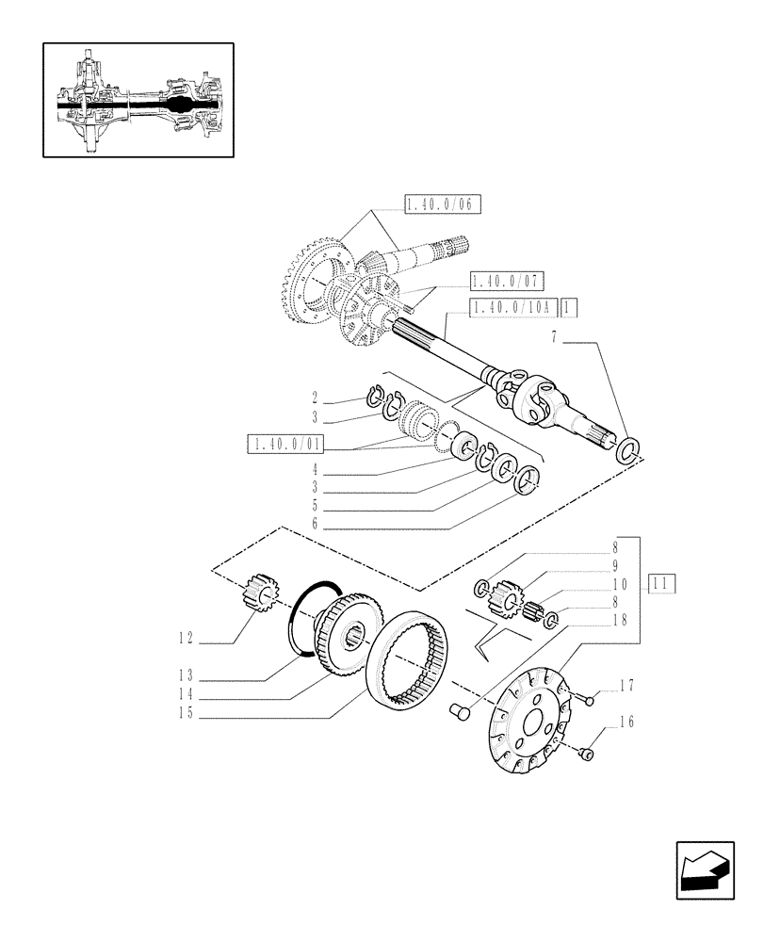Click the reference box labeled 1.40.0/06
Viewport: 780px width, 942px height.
(442, 204)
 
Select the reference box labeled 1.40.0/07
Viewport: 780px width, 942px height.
(508, 281)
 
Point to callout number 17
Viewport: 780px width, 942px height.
(624, 684)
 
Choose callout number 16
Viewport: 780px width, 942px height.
(624, 723)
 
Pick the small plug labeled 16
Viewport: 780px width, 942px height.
(586, 753)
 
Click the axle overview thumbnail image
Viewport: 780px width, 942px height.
(138, 100)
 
